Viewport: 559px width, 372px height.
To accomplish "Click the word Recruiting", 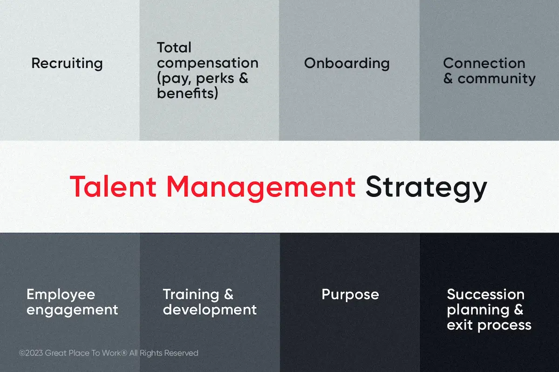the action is click(x=67, y=64).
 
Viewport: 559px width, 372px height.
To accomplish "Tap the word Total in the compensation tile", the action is click(x=174, y=47).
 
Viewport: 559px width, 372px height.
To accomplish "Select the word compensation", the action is click(x=208, y=63).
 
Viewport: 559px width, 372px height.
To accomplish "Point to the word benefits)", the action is click(x=187, y=93).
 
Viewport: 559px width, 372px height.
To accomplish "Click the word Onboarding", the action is click(x=347, y=64).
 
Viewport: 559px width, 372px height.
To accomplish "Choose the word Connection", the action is click(x=484, y=63).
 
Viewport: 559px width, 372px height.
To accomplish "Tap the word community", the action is click(x=497, y=79).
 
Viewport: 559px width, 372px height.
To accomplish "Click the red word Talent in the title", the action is click(x=113, y=187).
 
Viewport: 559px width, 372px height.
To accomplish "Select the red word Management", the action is click(x=261, y=188).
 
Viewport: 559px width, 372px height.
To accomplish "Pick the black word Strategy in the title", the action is click(x=426, y=188).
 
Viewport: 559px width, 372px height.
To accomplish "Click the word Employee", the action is click(x=61, y=295).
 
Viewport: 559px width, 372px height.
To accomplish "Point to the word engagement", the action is click(x=72, y=310).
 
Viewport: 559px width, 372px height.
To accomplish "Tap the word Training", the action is click(x=191, y=295).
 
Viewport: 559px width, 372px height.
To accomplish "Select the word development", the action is click(x=210, y=310).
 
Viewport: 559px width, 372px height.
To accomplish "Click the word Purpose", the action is click(x=350, y=295).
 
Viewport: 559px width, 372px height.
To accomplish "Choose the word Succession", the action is click(x=485, y=294).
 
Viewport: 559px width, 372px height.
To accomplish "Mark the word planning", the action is click(x=478, y=311).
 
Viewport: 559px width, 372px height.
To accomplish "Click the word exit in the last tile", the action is click(x=459, y=325).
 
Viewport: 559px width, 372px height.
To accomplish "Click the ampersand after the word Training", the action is click(x=229, y=294).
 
